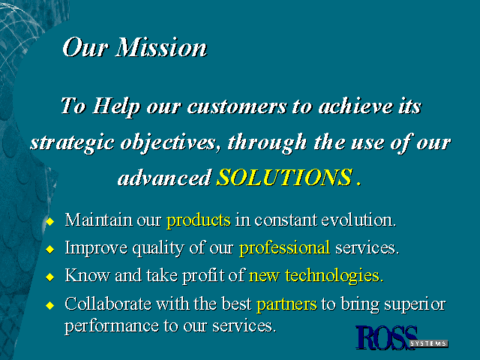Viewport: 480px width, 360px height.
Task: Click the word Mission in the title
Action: click(161, 47)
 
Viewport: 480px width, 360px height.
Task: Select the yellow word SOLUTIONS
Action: click(285, 177)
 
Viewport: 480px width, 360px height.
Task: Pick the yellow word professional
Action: click(284, 248)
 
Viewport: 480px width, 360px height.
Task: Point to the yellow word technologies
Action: click(334, 275)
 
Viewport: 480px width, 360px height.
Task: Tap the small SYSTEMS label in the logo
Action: click(428, 343)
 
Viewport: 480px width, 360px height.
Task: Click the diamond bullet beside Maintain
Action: click(50, 221)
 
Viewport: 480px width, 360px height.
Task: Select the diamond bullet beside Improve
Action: click(50, 249)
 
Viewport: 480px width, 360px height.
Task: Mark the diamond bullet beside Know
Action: click(50, 277)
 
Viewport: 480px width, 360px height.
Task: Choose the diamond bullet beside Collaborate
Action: click(50, 305)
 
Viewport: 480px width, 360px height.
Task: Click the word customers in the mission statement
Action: click(237, 106)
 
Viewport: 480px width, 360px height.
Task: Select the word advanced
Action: click(165, 178)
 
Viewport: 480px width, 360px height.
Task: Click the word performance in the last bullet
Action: click(112, 327)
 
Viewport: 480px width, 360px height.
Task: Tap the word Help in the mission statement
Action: click(117, 107)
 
